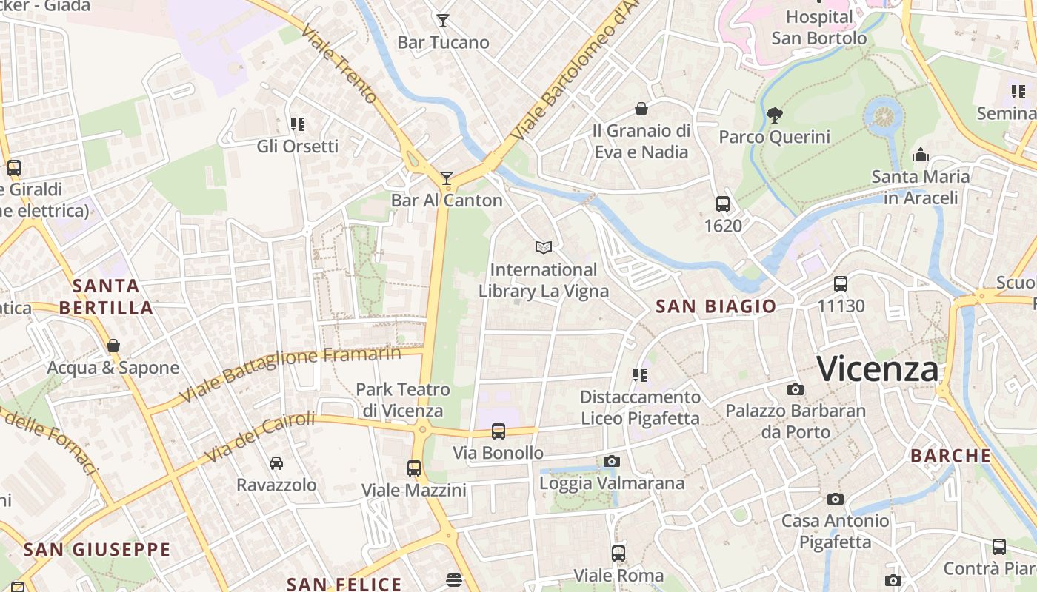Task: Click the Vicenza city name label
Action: tap(878, 369)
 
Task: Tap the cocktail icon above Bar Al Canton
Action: tap(447, 178)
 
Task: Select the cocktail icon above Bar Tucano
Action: tap(443, 21)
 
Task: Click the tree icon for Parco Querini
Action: tap(775, 115)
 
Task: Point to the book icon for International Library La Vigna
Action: tap(544, 247)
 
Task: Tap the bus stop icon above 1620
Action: tap(723, 203)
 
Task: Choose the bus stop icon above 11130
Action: tap(841, 283)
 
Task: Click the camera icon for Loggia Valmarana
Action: tap(611, 462)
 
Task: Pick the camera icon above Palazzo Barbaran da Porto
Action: tap(795, 389)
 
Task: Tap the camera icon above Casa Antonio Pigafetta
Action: tap(836, 499)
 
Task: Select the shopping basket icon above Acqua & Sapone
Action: tap(113, 346)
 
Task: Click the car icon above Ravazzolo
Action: tap(276, 463)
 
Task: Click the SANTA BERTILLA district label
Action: tap(107, 297)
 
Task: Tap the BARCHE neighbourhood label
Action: tap(951, 456)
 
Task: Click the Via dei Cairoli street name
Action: tap(259, 437)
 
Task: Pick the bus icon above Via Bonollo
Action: tap(499, 431)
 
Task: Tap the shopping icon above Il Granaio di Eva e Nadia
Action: tap(641, 109)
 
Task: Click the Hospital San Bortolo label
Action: tap(819, 27)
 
